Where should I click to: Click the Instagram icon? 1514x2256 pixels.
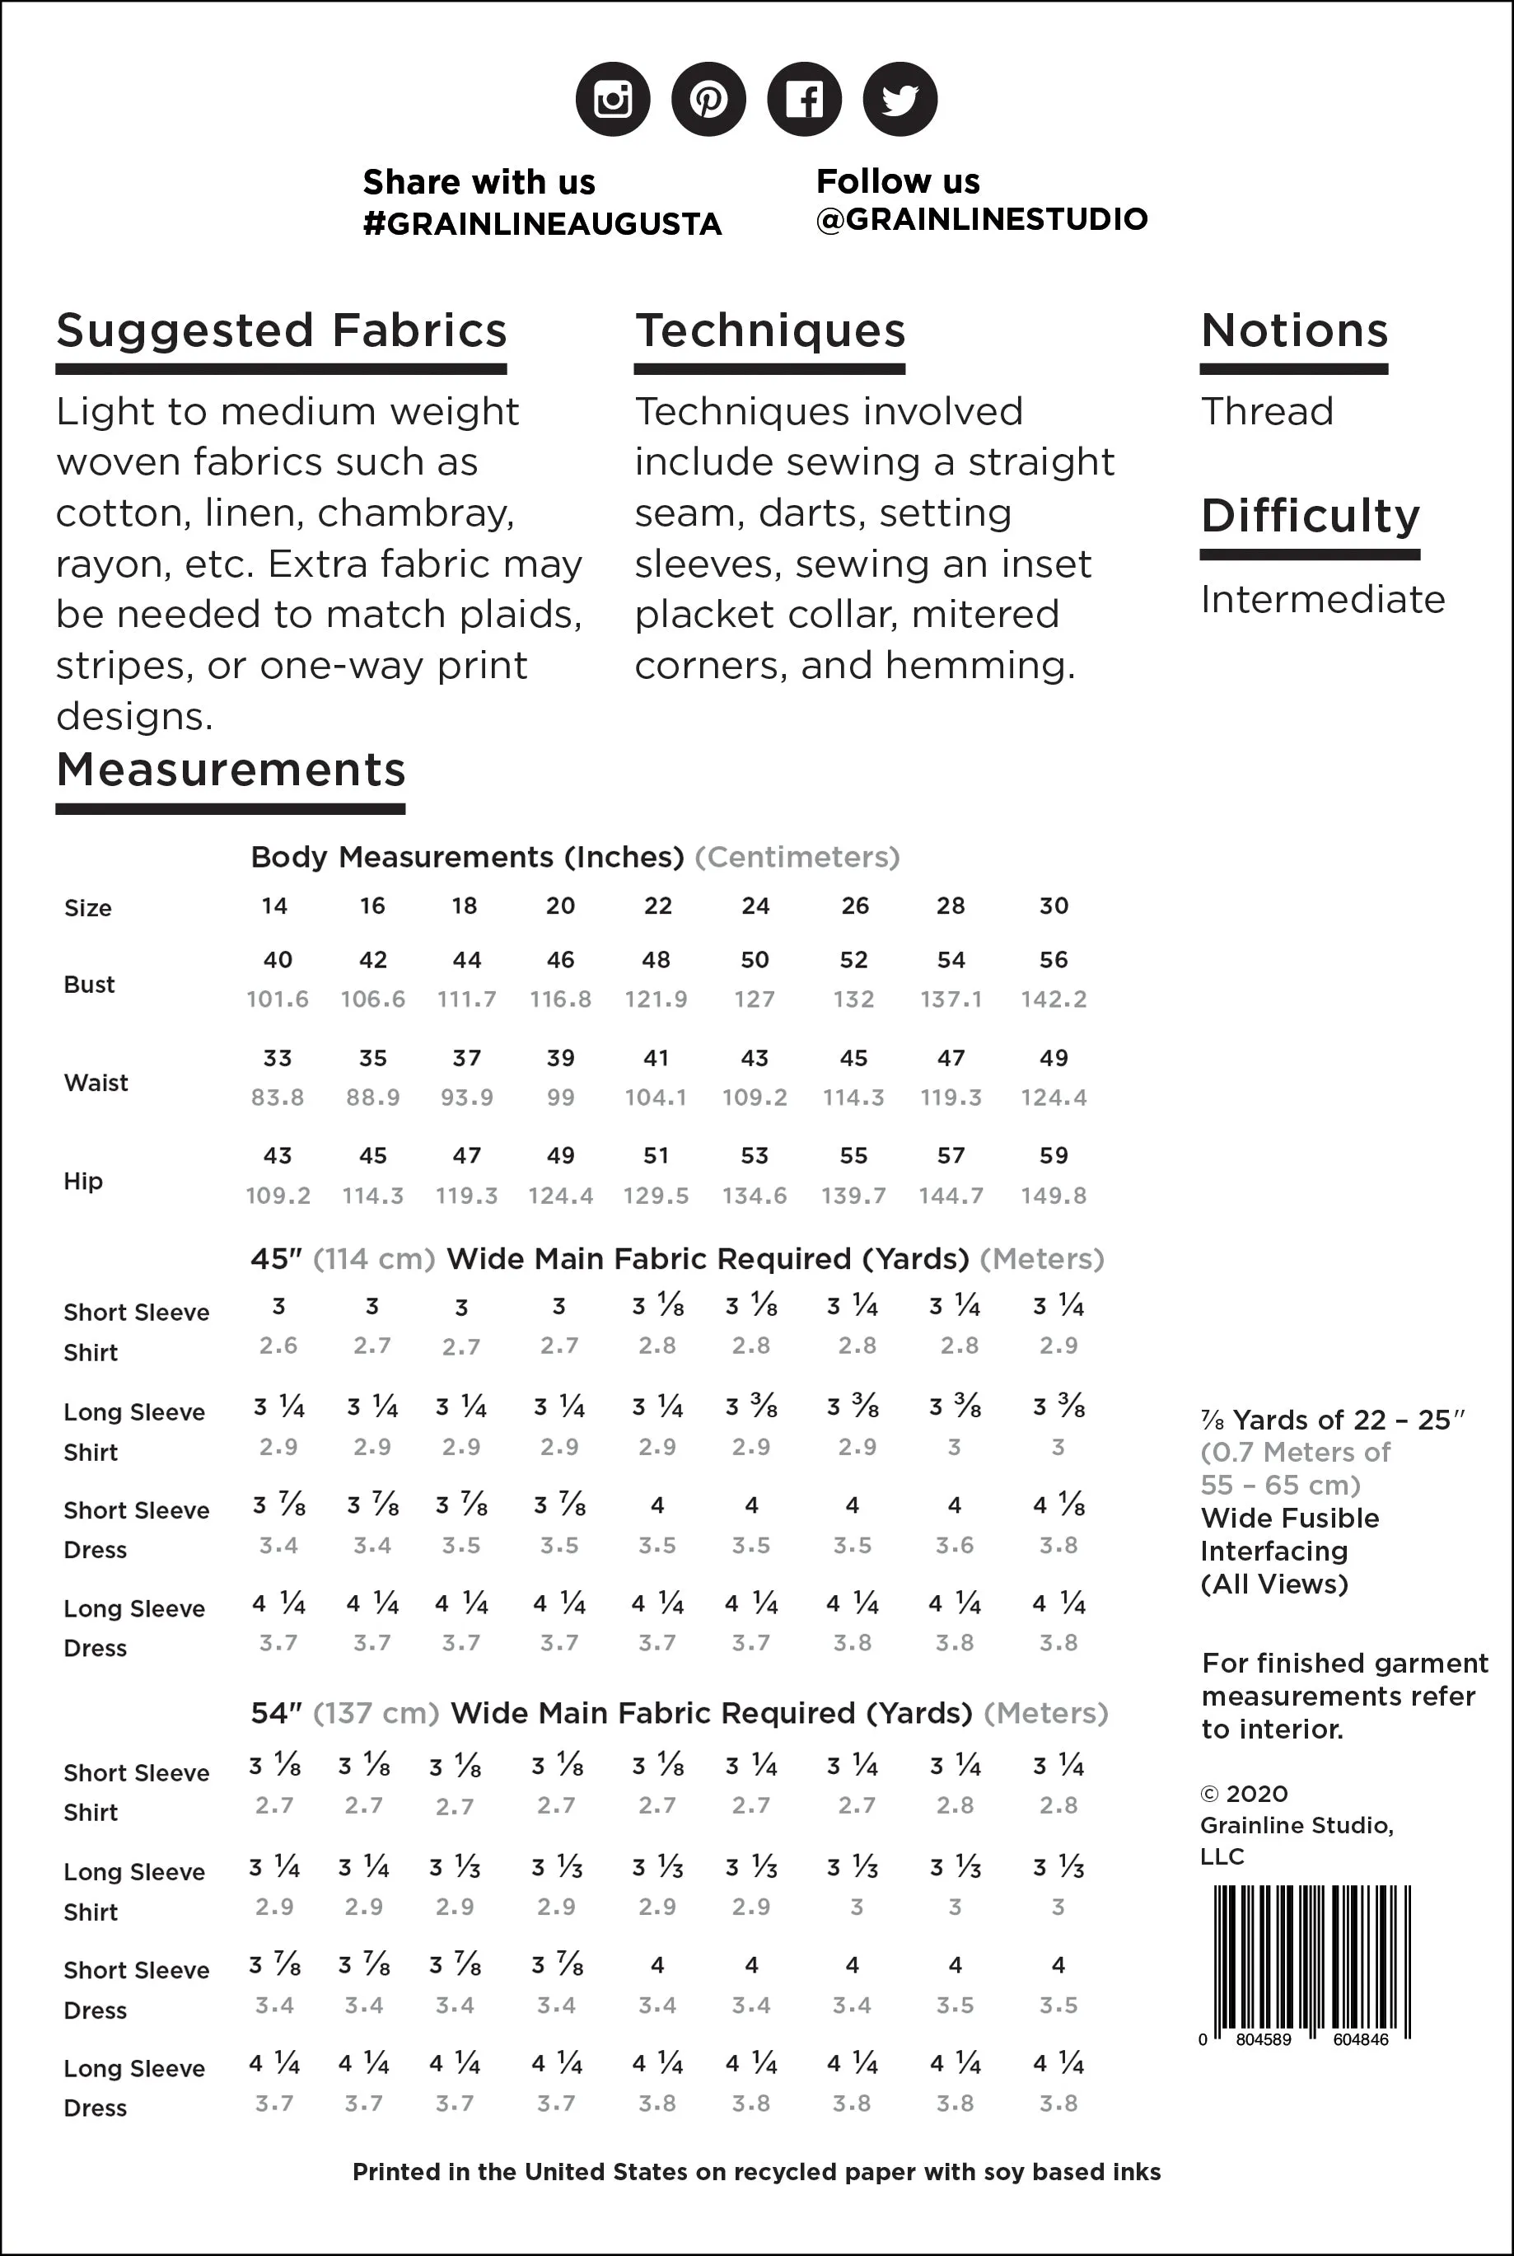[x=612, y=100]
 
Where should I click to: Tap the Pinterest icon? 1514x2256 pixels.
[x=708, y=100]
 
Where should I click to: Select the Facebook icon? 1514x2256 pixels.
[x=803, y=100]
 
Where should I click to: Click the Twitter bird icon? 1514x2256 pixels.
[x=899, y=100]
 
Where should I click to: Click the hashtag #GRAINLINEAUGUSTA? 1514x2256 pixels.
[x=542, y=224]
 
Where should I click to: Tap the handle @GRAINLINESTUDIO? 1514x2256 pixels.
[x=981, y=219]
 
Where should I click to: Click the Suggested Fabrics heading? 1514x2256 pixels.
[x=281, y=331]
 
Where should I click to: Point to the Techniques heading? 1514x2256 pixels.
[x=769, y=331]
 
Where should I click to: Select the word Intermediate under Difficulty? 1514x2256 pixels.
[x=1322, y=600]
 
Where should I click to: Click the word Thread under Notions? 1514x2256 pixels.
[x=1267, y=412]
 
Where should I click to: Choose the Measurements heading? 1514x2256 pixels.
[x=231, y=770]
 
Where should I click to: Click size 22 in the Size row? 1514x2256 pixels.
[x=657, y=906]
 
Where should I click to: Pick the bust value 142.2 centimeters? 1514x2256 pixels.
[x=1054, y=999]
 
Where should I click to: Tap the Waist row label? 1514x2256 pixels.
[x=96, y=1083]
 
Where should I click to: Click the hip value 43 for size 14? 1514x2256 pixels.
[x=277, y=1156]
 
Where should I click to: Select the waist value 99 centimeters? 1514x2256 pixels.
[x=560, y=1098]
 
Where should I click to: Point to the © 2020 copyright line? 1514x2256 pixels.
[x=1244, y=1795]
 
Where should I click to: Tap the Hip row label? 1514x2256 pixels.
[x=83, y=1181]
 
